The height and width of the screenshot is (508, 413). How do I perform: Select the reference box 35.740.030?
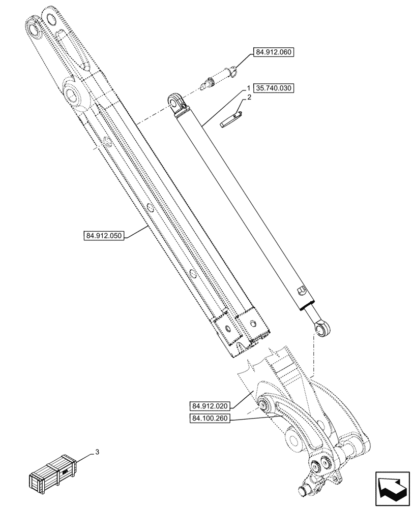click(274, 87)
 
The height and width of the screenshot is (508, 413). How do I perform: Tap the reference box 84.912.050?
click(103, 236)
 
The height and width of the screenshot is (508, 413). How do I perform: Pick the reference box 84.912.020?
click(212, 406)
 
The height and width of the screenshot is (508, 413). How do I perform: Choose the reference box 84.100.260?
click(212, 419)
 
